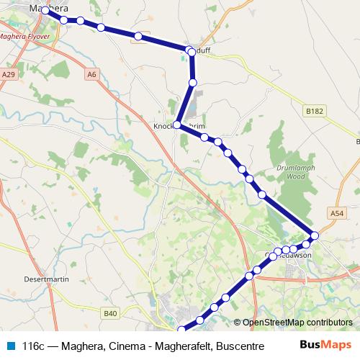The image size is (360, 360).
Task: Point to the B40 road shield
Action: click(x=110, y=313)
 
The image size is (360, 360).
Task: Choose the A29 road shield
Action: click(x=8, y=73)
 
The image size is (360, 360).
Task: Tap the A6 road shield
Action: click(x=91, y=73)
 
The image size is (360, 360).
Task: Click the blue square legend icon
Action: click(x=9, y=346)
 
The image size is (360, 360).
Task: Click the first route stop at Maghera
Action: click(x=45, y=11)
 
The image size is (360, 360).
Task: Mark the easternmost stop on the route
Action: click(x=315, y=235)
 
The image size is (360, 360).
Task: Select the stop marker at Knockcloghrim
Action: click(x=177, y=124)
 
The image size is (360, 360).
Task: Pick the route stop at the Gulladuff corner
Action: click(x=190, y=51)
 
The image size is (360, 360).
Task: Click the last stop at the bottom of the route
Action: click(x=181, y=330)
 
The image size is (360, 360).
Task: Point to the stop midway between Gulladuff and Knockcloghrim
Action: click(x=192, y=83)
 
